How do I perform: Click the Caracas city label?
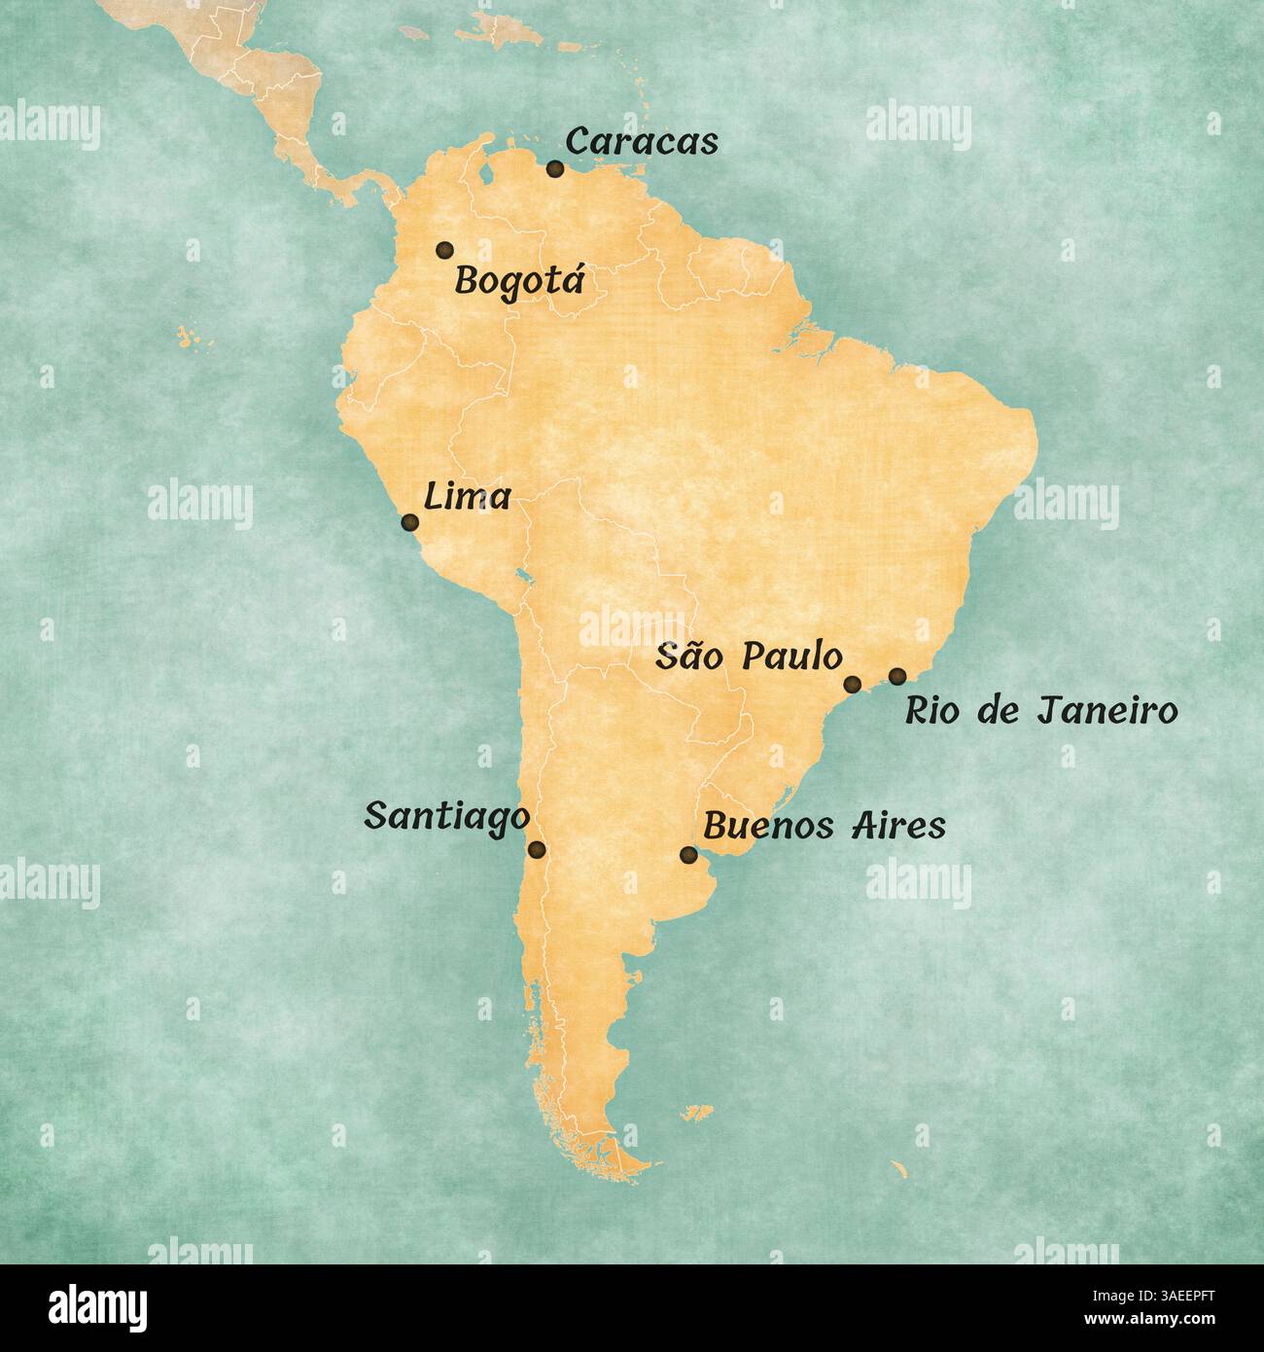click(x=642, y=141)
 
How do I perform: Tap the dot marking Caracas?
click(x=555, y=169)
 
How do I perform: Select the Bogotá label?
click(x=520, y=282)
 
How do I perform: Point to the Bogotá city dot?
click(x=444, y=250)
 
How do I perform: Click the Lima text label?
click(x=468, y=497)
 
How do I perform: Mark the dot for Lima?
click(x=410, y=523)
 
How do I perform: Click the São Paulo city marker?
click(x=852, y=684)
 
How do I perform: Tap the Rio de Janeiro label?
click(x=1041, y=711)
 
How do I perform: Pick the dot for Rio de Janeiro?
click(x=897, y=675)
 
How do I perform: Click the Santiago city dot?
click(x=537, y=850)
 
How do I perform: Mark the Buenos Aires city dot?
click(x=688, y=855)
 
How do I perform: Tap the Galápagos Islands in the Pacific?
click(x=188, y=338)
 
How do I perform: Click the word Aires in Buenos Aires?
click(x=897, y=826)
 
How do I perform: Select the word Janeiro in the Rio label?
click(x=1107, y=711)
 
